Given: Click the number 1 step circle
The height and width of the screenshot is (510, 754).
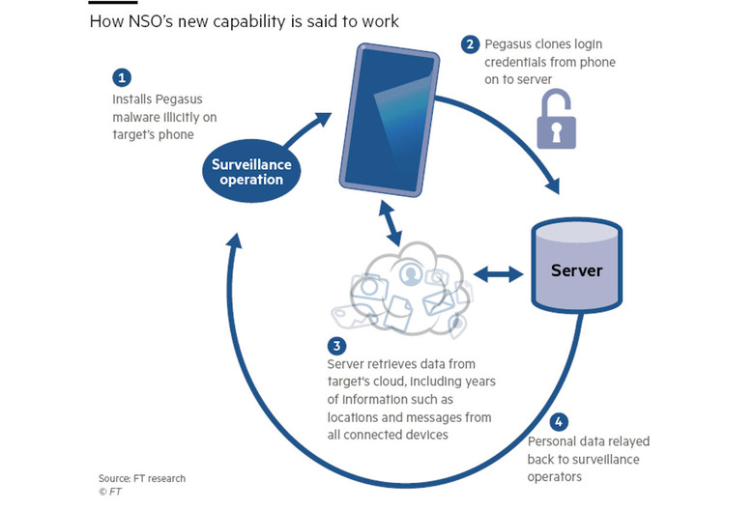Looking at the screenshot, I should point(121,76).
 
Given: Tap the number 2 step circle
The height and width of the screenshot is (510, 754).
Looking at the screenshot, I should point(470,43).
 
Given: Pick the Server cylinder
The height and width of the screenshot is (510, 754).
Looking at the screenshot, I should point(576,269).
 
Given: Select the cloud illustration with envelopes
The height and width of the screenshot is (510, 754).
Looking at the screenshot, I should point(400,280).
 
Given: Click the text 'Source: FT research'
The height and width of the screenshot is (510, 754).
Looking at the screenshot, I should point(141,478).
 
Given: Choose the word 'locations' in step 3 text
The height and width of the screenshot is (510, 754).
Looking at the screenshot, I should point(357,417).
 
